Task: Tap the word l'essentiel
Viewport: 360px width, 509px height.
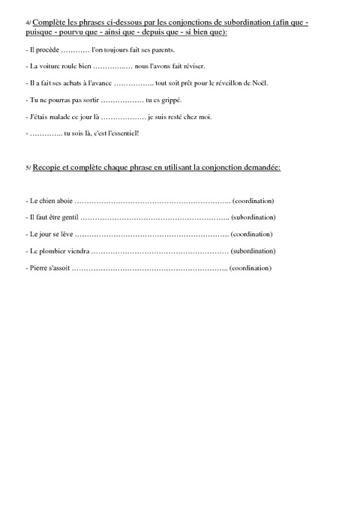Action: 124,133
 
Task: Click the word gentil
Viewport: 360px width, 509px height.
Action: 66,217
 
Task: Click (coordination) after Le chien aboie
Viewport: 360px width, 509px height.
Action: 253,201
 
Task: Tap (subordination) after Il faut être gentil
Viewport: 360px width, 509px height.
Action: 253,217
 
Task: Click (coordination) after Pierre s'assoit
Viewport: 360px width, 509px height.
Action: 250,268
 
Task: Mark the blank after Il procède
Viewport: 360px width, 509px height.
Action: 73,49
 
